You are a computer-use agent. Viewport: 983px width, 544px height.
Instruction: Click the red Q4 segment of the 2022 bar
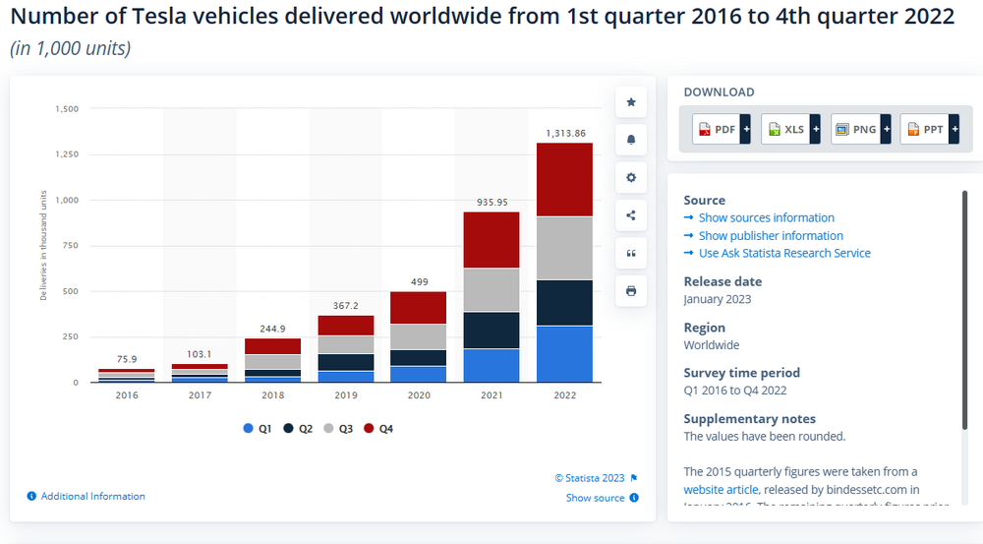(564, 179)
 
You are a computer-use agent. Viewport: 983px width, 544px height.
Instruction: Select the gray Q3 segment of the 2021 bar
(491, 290)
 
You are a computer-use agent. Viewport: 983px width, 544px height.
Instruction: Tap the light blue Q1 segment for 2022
(564, 353)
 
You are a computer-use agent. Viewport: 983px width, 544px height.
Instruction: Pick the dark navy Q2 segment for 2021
(491, 331)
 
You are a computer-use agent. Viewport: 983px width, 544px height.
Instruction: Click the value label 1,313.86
(565, 133)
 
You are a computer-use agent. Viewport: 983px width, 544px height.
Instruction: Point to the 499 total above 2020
(418, 281)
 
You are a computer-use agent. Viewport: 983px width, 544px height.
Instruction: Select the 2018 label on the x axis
(272, 395)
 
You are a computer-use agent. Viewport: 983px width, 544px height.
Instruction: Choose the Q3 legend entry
(340, 429)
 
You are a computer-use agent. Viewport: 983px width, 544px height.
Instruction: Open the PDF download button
(719, 129)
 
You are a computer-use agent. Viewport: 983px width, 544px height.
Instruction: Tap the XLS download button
(787, 129)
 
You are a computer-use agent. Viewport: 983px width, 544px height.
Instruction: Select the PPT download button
(926, 129)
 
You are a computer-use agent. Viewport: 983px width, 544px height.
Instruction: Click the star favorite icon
(631, 102)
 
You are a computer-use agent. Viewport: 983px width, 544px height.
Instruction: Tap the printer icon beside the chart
(631, 291)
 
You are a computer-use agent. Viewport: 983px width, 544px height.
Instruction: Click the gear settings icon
(631, 178)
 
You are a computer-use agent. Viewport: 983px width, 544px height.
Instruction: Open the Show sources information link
(766, 218)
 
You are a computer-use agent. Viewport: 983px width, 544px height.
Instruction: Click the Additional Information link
(92, 497)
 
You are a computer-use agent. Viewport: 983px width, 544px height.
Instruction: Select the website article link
(721, 489)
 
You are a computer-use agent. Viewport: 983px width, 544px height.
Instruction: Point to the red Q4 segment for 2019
(345, 325)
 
